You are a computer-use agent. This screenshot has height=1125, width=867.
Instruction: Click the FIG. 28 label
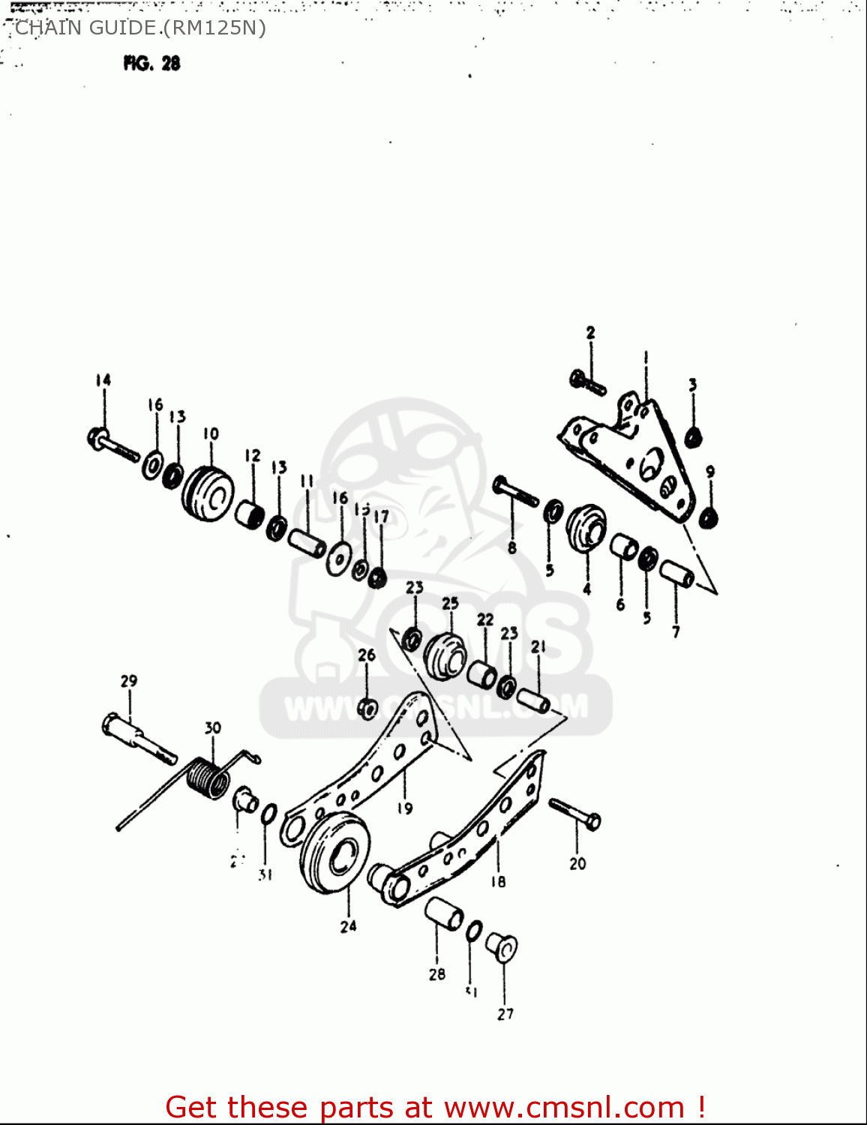pos(152,64)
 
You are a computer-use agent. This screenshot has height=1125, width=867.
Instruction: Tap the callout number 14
pos(103,380)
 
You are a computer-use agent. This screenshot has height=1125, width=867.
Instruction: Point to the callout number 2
pos(590,332)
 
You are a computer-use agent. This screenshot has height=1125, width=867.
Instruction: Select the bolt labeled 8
pos(516,491)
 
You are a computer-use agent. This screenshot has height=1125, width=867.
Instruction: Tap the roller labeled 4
pos(586,527)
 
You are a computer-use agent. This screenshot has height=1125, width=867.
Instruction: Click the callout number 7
pos(676,631)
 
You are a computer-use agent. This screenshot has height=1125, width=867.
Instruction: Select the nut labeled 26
pos(367,707)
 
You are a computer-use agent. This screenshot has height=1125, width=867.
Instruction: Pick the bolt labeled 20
pos(574,814)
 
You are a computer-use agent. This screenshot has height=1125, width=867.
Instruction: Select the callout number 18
pos(498,882)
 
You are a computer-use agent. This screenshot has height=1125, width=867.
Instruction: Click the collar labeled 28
pos(444,913)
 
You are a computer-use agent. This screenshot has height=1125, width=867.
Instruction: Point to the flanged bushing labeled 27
pos(502,947)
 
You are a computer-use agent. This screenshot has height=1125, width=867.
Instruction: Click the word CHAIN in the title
pos(46,28)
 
